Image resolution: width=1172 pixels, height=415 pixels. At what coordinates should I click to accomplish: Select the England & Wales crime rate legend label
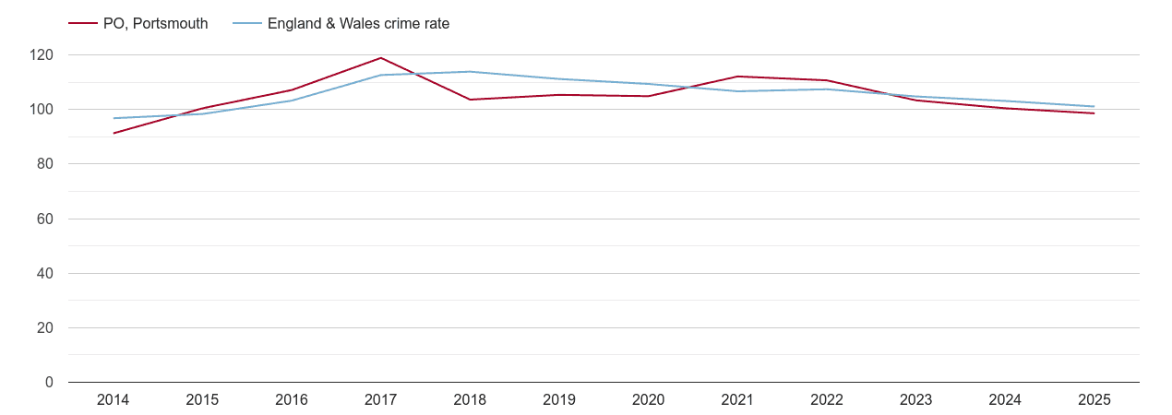click(x=358, y=24)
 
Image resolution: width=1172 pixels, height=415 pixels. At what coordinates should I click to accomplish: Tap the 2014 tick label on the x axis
click(x=114, y=399)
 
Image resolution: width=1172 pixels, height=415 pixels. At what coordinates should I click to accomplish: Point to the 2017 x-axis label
click(x=381, y=399)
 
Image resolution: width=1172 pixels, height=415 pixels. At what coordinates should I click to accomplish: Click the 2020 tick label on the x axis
click(x=648, y=399)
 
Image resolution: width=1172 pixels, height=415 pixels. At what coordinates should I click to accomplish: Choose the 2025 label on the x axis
click(x=1094, y=399)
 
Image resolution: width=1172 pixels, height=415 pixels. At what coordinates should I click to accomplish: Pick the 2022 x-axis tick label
click(x=826, y=399)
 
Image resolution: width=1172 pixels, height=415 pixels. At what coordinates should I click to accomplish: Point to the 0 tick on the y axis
click(x=49, y=383)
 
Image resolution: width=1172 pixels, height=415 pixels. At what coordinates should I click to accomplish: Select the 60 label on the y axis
click(x=45, y=219)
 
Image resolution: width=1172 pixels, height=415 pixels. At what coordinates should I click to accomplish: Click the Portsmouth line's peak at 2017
click(x=381, y=58)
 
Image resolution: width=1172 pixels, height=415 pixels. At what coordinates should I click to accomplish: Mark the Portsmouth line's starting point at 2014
click(x=114, y=133)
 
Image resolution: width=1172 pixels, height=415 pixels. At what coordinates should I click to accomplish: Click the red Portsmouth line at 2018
click(x=470, y=100)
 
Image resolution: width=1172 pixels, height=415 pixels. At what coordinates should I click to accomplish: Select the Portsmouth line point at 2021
click(x=737, y=77)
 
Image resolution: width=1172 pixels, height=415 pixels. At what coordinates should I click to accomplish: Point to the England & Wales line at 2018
click(x=470, y=72)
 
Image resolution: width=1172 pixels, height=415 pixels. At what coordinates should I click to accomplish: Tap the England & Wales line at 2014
click(x=114, y=118)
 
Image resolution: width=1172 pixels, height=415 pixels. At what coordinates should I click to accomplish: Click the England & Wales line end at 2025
click(x=1094, y=106)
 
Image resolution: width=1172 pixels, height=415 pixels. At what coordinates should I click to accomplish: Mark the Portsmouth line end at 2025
click(x=1094, y=113)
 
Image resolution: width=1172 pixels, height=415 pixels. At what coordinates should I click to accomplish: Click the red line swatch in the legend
click(x=83, y=24)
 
